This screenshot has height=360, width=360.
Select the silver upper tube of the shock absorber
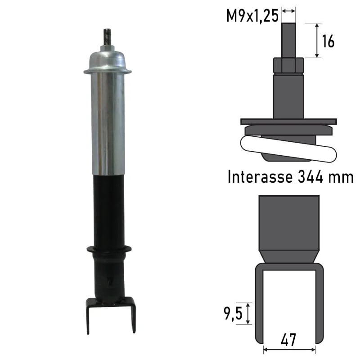click(108, 121)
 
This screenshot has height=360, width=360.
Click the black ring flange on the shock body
click(108, 249)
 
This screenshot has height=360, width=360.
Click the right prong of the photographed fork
click(133, 317)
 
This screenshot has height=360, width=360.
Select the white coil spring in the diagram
click(288, 148)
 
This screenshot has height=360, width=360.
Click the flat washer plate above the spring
click(288, 121)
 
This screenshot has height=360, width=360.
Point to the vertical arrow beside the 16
click(317, 40)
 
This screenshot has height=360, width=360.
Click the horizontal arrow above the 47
click(289, 349)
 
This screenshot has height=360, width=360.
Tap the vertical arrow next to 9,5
click(248, 313)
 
